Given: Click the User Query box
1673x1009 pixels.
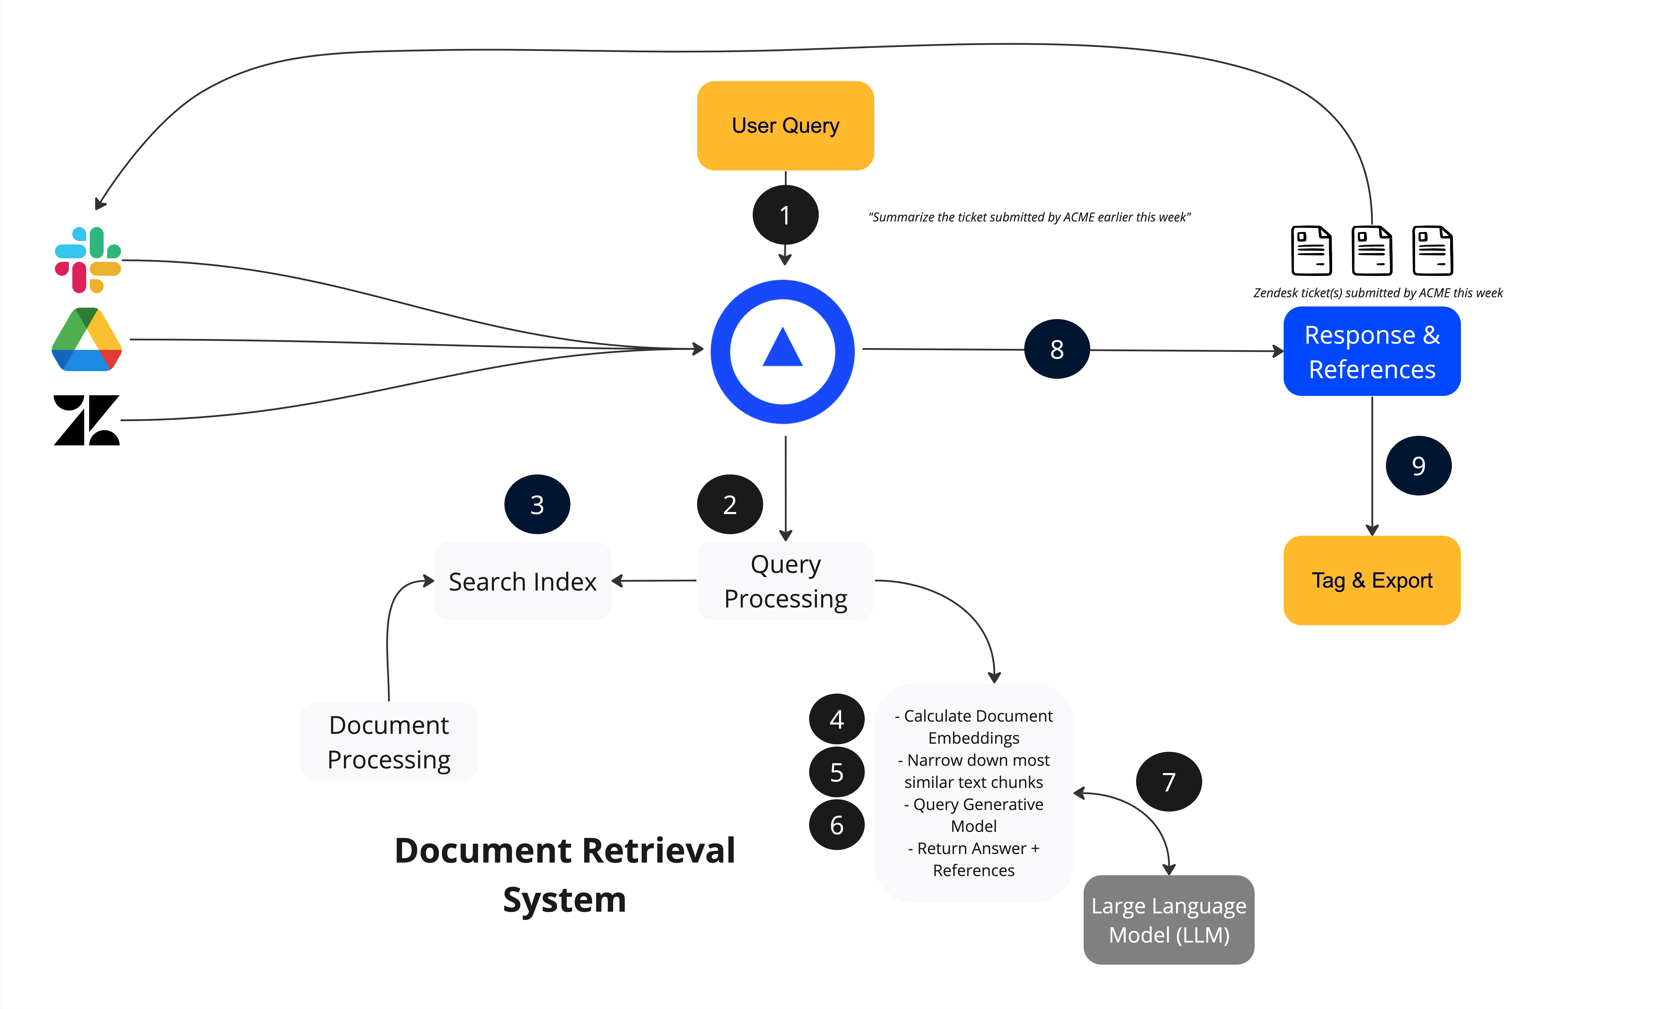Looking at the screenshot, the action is coord(786,126).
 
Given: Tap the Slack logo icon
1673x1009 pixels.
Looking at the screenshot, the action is coord(88,260).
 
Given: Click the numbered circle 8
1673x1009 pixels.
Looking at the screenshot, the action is coord(1057,349).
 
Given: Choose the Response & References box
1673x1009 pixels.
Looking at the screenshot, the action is coord(1372,351).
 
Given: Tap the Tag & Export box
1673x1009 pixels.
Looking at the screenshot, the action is coord(1372,581).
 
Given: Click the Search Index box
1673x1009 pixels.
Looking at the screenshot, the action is coord(523,581).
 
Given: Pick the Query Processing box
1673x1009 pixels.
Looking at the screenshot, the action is coord(786,581).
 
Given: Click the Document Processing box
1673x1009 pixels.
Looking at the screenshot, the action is coord(389,741).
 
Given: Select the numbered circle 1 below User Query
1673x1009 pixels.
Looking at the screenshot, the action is coord(786,215).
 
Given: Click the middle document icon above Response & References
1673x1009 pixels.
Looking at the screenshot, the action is coord(1372,251).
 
